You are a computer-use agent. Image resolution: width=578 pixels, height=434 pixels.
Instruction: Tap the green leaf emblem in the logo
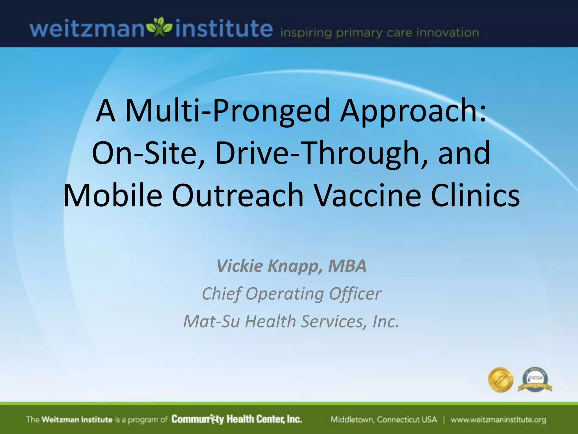click(x=160, y=28)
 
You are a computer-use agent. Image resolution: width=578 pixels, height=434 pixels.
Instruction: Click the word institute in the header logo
click(x=224, y=29)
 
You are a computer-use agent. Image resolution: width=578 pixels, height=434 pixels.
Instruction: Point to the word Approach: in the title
click(x=413, y=111)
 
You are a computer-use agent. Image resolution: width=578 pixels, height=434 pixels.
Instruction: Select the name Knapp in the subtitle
click(x=295, y=266)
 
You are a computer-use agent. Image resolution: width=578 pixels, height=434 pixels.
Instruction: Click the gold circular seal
click(x=500, y=380)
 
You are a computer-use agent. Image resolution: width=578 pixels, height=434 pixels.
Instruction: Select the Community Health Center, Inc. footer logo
click(x=237, y=419)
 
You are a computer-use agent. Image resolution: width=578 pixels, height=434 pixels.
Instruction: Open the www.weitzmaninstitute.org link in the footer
click(x=498, y=420)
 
